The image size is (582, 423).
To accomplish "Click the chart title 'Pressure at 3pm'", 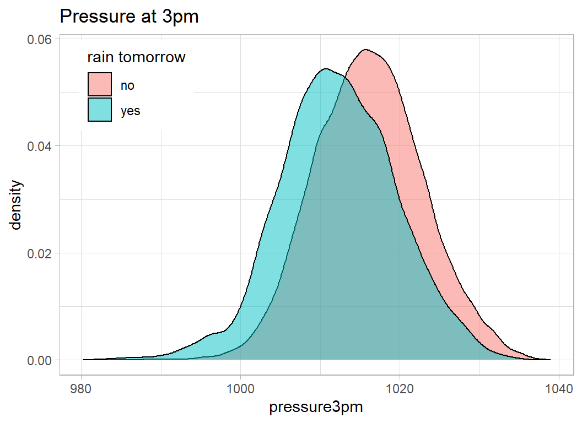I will tap(129, 17).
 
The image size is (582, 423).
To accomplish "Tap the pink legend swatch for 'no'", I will tap(99, 85).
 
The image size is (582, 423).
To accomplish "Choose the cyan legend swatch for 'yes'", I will tap(99, 110).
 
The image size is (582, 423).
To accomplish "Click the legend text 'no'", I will tap(127, 85).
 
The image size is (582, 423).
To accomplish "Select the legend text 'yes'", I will tap(131, 111).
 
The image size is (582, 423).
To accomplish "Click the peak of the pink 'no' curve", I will tap(366, 50).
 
